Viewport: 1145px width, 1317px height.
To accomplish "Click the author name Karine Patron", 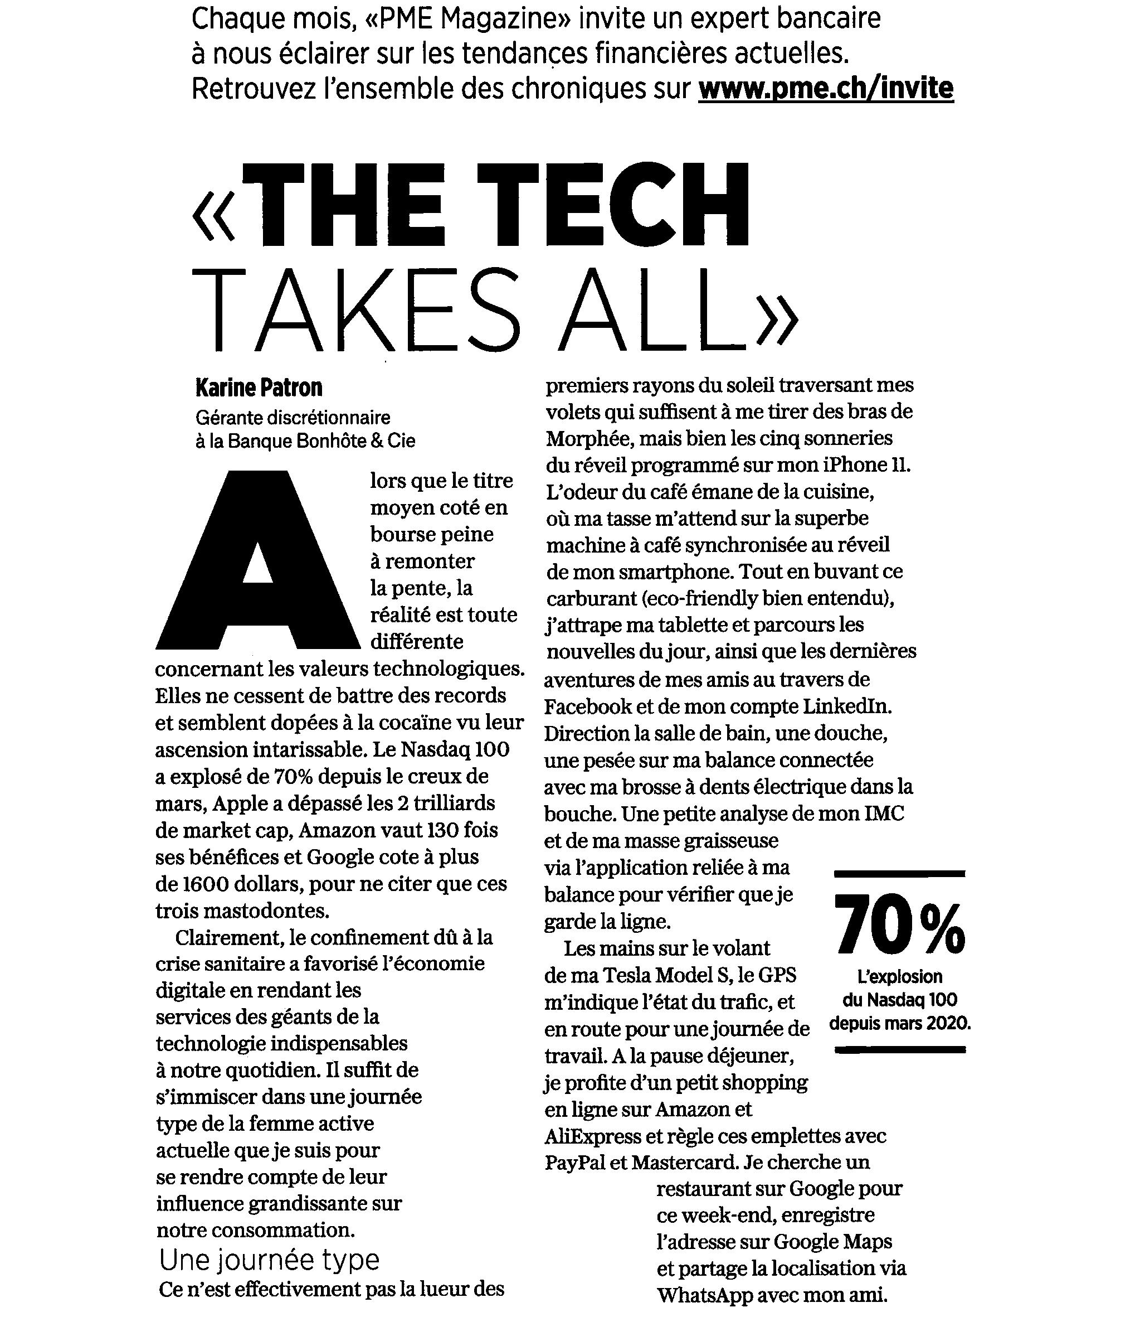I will (259, 388).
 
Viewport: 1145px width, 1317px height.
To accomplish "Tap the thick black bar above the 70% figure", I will (900, 873).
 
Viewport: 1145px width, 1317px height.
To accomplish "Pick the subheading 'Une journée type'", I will (269, 1260).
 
